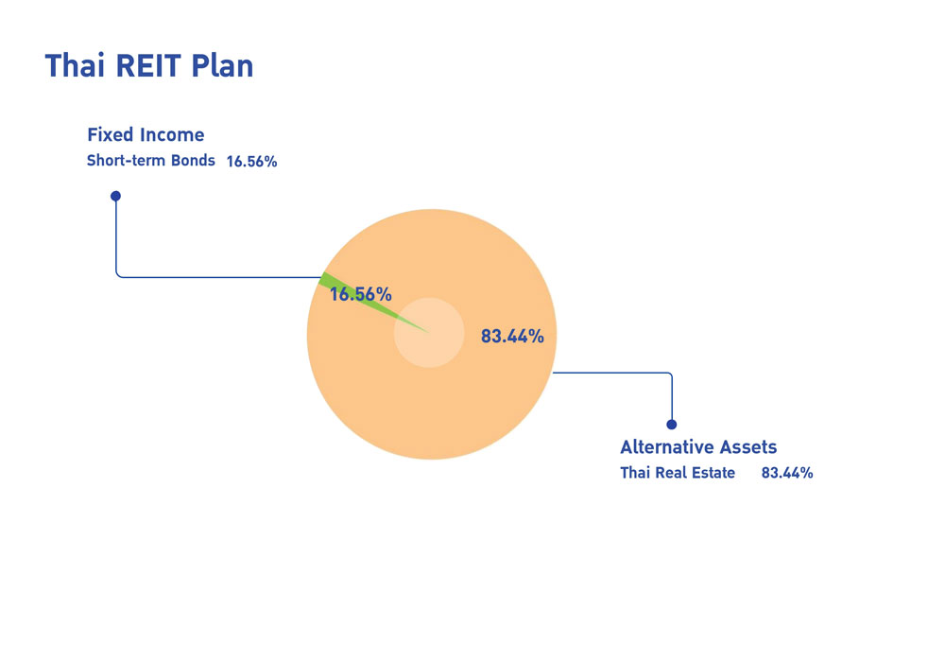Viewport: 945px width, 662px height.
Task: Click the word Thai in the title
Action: pos(75,65)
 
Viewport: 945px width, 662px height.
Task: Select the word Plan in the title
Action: pos(222,65)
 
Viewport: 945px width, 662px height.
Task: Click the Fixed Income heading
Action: pos(146,134)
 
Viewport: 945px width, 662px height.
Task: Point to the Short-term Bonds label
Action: pos(150,161)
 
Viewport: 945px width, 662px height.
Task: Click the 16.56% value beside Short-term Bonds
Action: pos(252,162)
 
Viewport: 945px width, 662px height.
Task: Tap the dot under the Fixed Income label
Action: pos(115,196)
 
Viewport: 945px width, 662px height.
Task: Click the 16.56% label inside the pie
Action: pos(360,294)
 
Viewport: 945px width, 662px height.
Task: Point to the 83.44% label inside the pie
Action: pos(512,337)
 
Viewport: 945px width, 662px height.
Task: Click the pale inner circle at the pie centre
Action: pos(429,332)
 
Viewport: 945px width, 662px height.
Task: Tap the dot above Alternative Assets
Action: pos(671,425)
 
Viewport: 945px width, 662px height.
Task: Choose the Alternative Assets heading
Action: pos(698,446)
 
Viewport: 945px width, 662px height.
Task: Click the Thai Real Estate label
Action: pos(678,473)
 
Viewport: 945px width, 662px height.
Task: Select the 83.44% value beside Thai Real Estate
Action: pos(787,473)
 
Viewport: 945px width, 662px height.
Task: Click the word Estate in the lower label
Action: pos(713,473)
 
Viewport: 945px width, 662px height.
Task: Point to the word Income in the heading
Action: pos(172,134)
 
